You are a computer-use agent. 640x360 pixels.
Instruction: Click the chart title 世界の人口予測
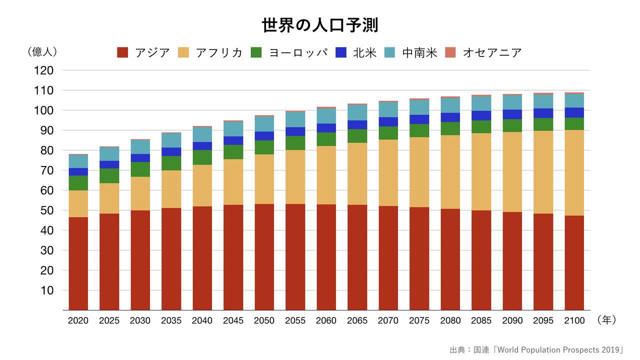320,25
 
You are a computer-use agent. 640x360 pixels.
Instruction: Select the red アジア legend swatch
123,52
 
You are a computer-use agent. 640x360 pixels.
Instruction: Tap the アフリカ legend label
219,52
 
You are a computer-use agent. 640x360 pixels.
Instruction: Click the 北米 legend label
364,52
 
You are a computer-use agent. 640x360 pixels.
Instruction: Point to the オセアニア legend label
492,52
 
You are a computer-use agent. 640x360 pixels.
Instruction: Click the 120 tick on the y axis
44,70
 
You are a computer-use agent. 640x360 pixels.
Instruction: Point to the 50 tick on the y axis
44,210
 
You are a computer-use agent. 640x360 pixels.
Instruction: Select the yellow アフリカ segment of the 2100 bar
574,172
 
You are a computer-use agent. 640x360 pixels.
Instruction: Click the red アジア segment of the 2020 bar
78,263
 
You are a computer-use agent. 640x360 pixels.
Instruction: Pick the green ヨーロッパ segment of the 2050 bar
264,147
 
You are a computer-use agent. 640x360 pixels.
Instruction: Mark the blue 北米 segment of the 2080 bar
450,117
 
